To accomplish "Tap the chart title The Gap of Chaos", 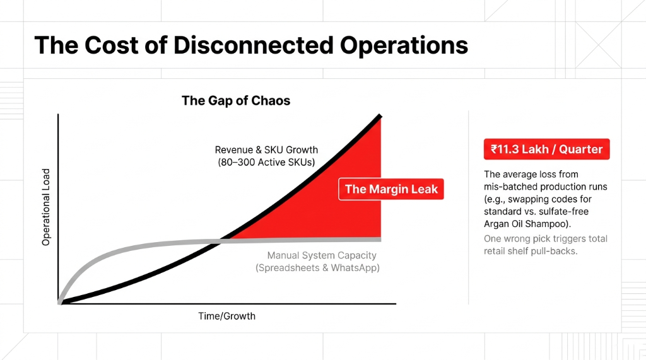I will pyautogui.click(x=236, y=101).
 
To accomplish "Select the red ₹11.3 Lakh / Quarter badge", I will pyautogui.click(x=546, y=150).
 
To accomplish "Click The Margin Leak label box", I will pyautogui.click(x=391, y=189).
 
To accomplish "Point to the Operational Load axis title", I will pyautogui.click(x=46, y=207).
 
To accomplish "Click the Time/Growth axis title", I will pyautogui.click(x=227, y=316).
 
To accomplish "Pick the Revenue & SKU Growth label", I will pyautogui.click(x=266, y=150).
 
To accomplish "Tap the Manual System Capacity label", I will pyautogui.click(x=322, y=255).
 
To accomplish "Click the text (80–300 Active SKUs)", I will pyautogui.click(x=266, y=163).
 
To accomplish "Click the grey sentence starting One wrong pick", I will pyautogui.click(x=546, y=239).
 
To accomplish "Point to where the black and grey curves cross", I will pyautogui.click(x=220, y=240).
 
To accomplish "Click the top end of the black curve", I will pyautogui.click(x=380, y=116).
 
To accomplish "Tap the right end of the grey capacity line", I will pyautogui.click(x=380, y=240).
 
